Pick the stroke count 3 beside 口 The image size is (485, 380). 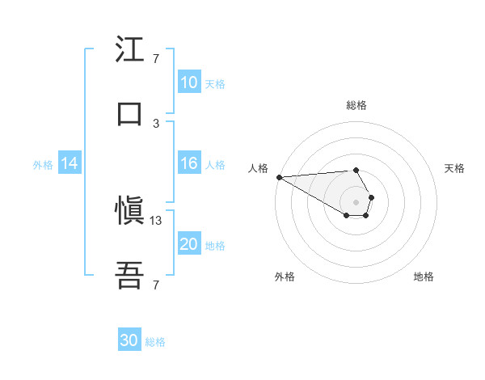(x=156, y=123)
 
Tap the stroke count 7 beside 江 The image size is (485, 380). (x=156, y=59)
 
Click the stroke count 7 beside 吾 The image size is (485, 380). (x=156, y=285)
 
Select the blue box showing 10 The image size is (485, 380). (x=189, y=82)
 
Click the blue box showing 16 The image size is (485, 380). (x=189, y=163)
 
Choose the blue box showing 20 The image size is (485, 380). (x=189, y=245)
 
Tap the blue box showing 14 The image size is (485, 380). (x=70, y=163)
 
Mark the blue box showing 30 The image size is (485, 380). (x=129, y=341)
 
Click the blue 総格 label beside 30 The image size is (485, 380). (x=155, y=342)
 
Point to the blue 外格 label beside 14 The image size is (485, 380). (x=43, y=164)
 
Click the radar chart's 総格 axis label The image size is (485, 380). (x=356, y=105)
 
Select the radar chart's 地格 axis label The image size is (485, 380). (x=424, y=277)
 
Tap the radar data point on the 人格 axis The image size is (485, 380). (x=279, y=177)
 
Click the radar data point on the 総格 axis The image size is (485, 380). (x=356, y=170)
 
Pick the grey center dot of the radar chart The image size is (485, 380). (x=356, y=201)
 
